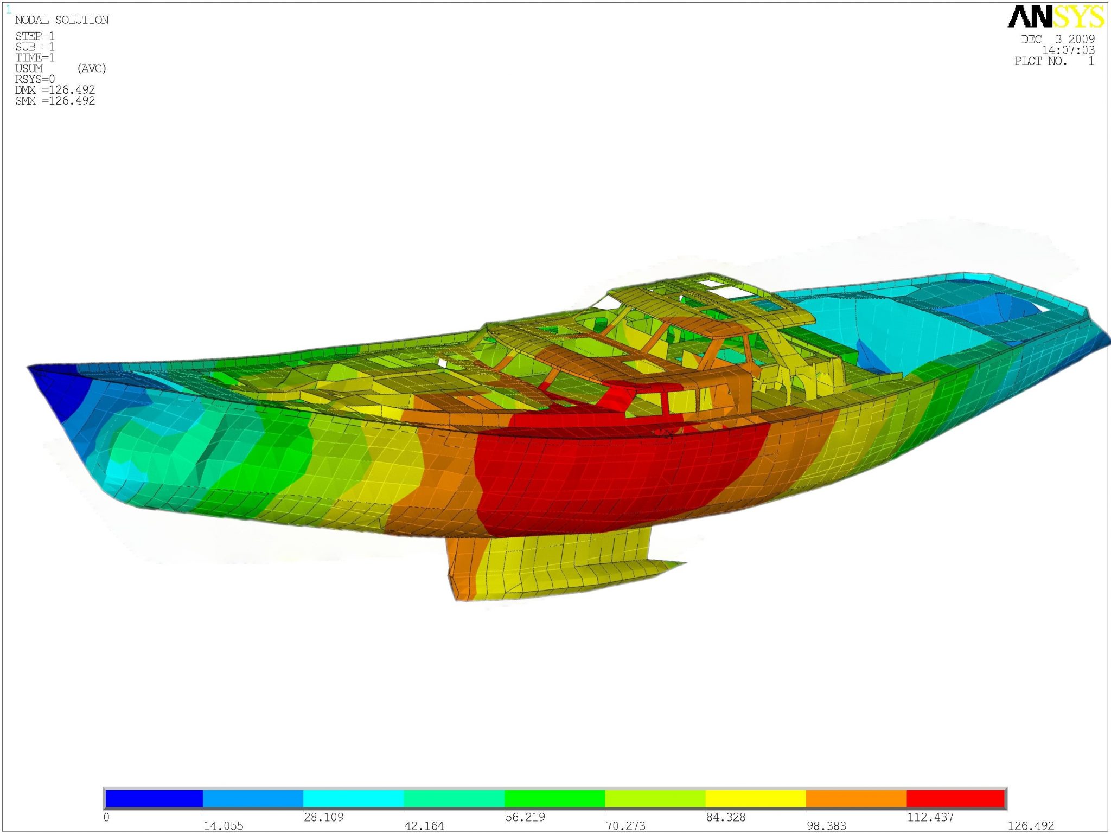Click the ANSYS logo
1055,17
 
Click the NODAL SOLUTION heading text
62,20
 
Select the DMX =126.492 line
55,90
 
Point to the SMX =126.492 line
55,101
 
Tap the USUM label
29,68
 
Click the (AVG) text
92,68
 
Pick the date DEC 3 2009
1057,39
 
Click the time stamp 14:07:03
1068,50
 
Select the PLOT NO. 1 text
1053,61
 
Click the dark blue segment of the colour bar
154,798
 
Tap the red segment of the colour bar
955,798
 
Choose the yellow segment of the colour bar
755,798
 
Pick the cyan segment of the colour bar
353,798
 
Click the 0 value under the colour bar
106,817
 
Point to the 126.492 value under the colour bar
1031,825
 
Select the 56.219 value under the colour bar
525,817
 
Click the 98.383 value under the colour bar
826,825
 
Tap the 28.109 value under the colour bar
324,817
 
